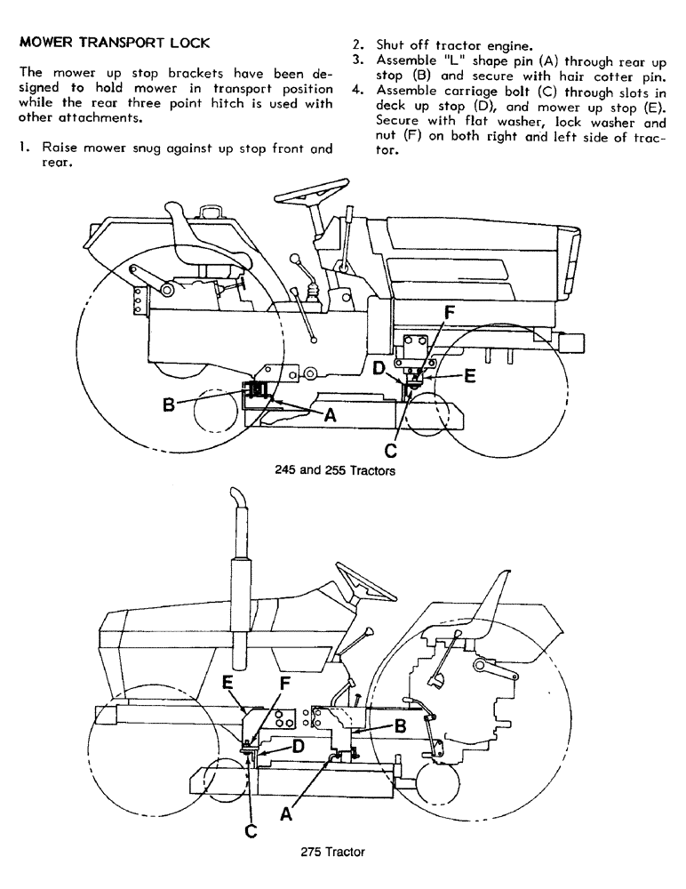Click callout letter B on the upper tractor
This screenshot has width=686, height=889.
point(168,405)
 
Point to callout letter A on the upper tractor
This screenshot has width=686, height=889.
point(331,413)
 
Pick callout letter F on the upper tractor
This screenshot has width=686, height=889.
point(450,313)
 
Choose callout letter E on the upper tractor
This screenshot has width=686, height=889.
point(469,375)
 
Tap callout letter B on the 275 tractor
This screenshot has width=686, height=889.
point(400,726)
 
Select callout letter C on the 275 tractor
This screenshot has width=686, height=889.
point(251,830)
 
